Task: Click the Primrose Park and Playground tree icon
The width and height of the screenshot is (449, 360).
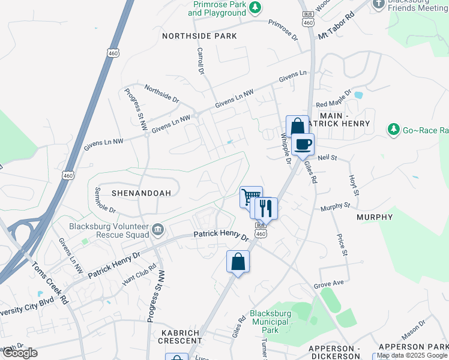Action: pos(256,7)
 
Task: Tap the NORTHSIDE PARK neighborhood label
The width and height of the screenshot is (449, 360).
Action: pos(200,36)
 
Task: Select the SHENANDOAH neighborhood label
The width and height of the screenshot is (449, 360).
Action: pos(141,193)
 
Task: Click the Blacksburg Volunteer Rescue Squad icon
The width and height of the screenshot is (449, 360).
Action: pos(158,228)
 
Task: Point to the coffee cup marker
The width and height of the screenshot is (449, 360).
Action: pos(303,145)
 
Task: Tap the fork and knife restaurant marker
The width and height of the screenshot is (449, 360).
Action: pos(265,208)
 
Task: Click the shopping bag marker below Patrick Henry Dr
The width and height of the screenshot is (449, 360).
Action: pos(238,262)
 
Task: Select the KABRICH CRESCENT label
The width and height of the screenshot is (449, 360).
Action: pos(181,336)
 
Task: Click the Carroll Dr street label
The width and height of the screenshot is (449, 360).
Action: pos(200,62)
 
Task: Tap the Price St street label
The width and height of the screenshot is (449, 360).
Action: pos(343,245)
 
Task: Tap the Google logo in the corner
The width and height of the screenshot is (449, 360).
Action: pos(20,353)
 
